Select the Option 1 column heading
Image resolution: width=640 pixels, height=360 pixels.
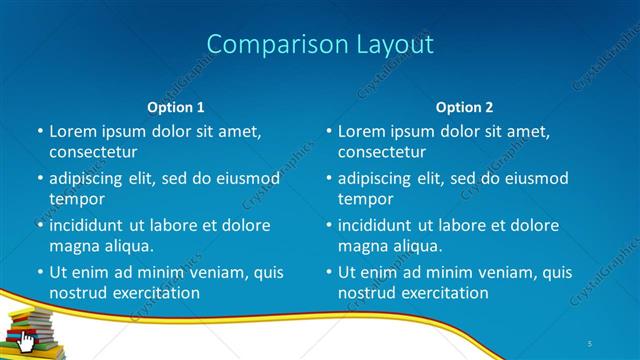pos(176,107)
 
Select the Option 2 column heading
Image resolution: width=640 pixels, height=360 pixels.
pos(464,107)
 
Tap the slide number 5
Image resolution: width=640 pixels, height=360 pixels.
pos(590,343)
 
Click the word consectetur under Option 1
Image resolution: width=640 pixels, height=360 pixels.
pos(93,152)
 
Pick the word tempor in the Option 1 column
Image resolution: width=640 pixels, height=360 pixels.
pos(77,199)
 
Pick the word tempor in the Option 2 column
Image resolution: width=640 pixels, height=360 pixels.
pos(365,199)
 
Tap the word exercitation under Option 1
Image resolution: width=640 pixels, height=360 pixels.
pos(155,293)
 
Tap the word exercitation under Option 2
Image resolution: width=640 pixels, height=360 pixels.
pos(443,293)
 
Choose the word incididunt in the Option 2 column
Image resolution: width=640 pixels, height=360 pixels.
pos(382,225)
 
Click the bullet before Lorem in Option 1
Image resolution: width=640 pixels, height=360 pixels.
pos(40,132)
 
